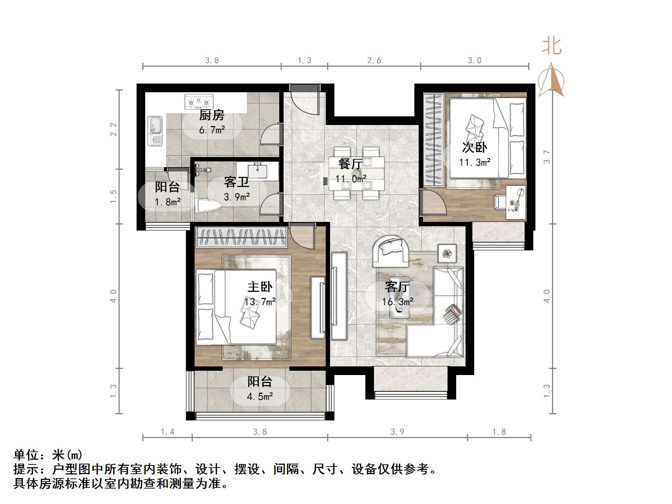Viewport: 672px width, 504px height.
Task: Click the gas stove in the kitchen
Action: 199,102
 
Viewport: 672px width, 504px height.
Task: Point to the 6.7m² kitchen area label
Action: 212,130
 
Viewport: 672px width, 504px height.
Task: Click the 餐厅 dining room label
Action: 350,164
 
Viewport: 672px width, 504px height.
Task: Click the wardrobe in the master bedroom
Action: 241,238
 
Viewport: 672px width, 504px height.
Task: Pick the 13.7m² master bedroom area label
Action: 260,302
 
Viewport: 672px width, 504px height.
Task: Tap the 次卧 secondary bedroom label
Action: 475,147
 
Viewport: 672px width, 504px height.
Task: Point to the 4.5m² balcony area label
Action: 260,397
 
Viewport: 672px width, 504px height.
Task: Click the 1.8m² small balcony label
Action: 168,202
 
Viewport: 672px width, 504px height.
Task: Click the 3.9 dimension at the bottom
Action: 397,432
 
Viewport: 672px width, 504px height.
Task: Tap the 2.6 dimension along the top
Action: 374,61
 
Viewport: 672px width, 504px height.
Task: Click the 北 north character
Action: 552,46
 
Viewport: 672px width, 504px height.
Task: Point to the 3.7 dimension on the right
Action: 547,157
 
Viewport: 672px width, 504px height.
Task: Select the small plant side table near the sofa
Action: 447,254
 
